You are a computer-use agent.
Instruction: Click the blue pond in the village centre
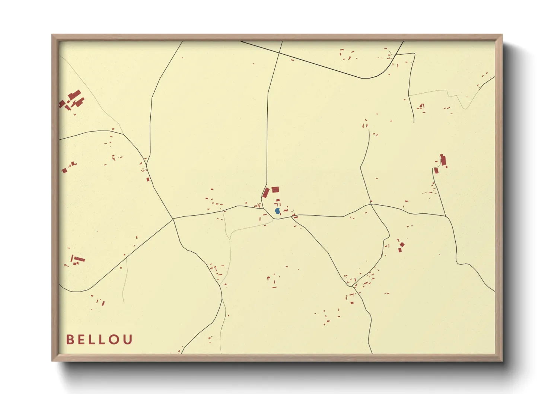click(277, 211)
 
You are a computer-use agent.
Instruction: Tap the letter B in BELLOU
click(70, 340)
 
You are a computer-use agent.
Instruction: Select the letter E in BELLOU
click(82, 340)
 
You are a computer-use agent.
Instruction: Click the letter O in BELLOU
click(115, 340)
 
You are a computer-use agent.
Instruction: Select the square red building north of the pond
click(275, 190)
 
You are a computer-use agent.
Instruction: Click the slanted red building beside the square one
click(266, 193)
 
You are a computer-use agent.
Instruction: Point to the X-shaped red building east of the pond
click(286, 211)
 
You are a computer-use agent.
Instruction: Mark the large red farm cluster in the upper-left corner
click(73, 99)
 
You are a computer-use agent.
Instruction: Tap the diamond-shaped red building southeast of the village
click(402, 245)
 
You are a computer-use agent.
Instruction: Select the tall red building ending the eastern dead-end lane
click(443, 160)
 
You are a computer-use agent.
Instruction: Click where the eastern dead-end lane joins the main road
click(446, 216)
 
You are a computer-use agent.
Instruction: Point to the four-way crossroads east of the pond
click(371, 204)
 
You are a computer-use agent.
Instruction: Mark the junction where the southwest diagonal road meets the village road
click(173, 219)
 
